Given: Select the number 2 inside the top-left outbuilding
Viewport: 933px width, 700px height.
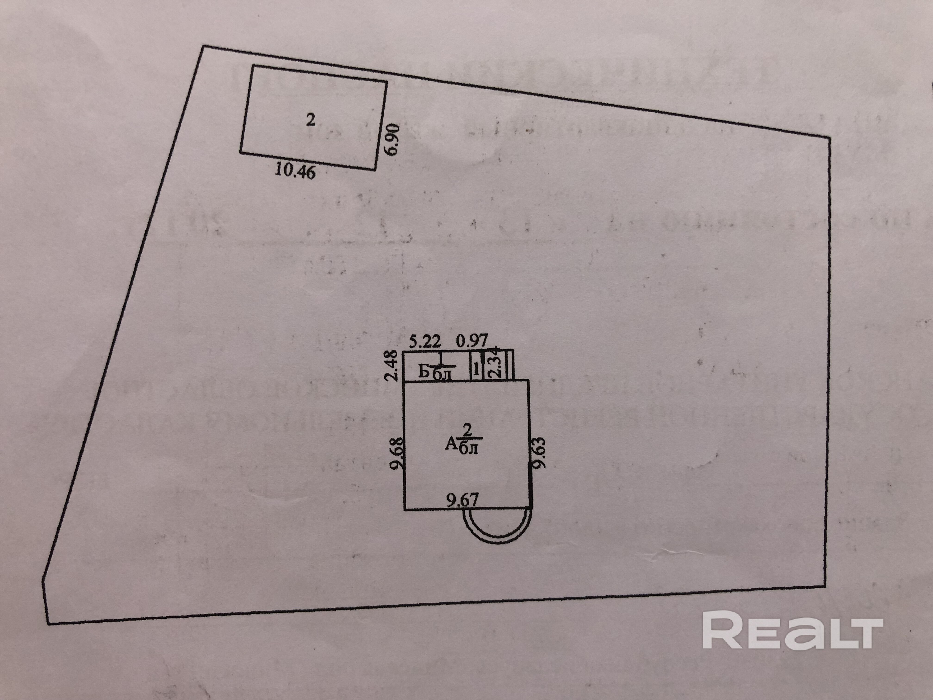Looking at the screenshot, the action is pos(311,120).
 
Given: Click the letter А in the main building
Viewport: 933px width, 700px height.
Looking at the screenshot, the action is pos(451,444).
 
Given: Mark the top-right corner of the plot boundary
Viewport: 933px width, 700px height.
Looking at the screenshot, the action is pos(830,137).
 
